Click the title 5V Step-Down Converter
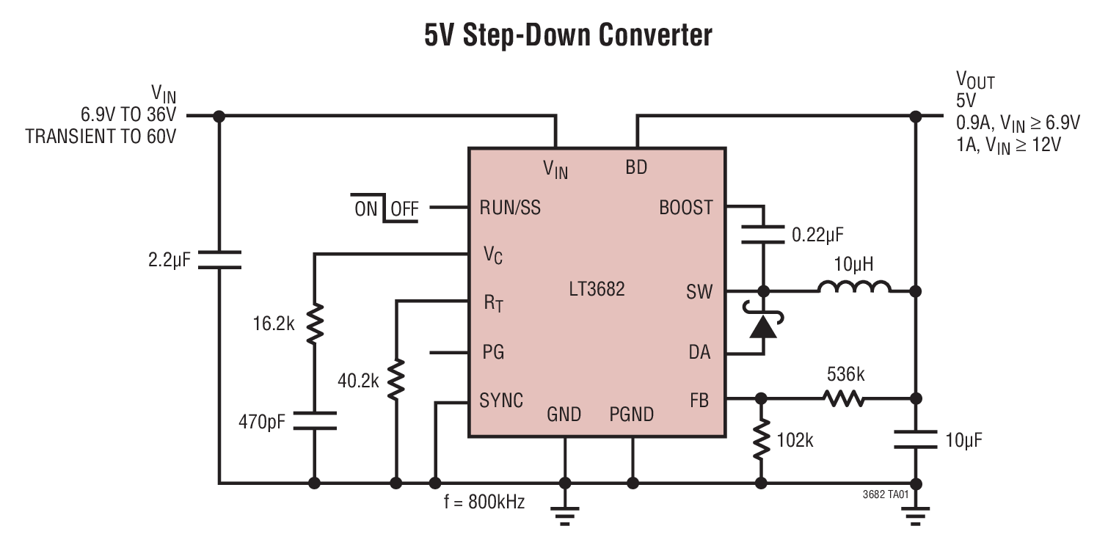(568, 34)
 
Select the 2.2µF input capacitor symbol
(219, 260)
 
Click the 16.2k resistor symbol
(314, 325)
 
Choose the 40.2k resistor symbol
(396, 379)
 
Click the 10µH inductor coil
(854, 287)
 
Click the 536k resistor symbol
(842, 398)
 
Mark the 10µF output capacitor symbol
(915, 440)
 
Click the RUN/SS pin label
(510, 208)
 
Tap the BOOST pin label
(685, 208)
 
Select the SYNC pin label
(501, 401)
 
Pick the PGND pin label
(631, 415)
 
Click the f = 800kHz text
(484, 503)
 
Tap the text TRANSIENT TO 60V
(101, 136)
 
